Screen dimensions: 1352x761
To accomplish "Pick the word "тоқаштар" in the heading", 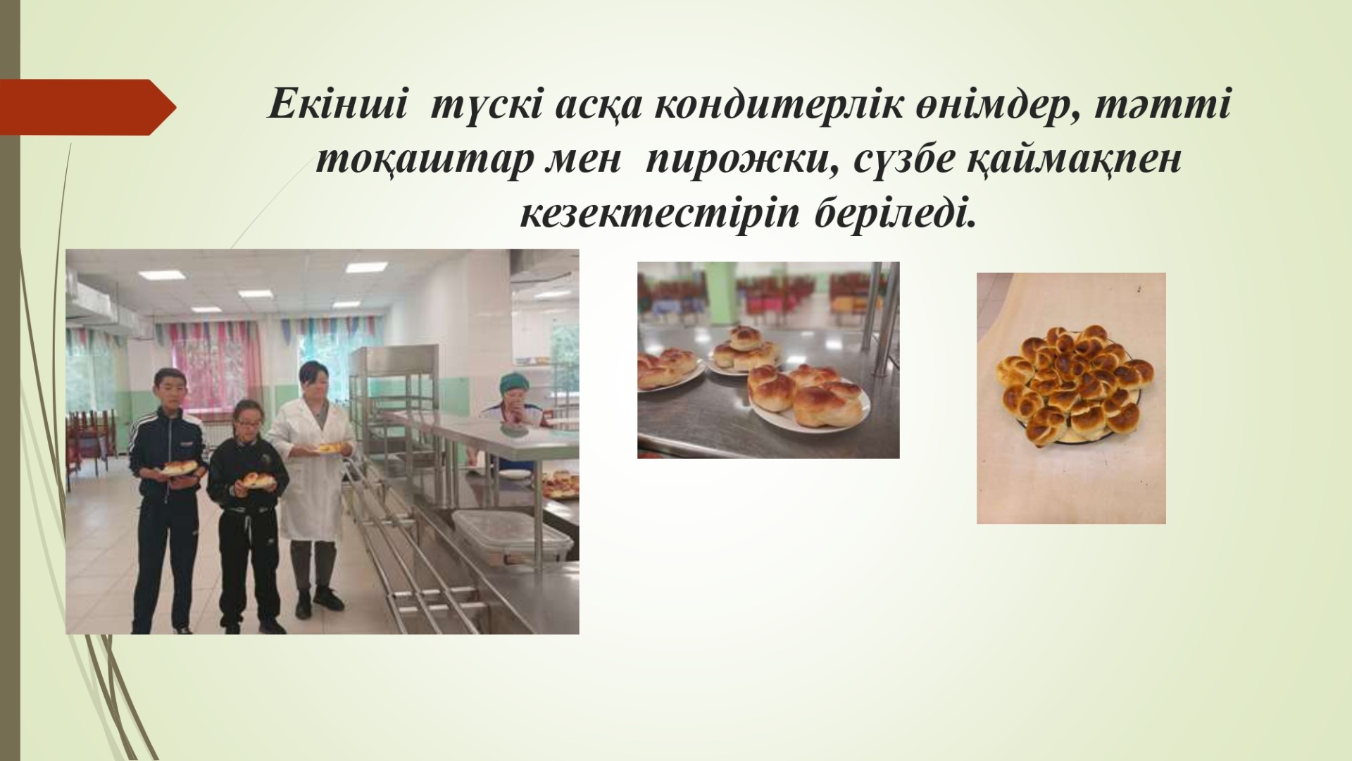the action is [417, 162].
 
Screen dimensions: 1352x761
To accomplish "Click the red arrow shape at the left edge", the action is [88, 107].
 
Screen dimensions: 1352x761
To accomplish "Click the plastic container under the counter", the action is [511, 536].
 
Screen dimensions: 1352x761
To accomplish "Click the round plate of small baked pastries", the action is [1072, 385].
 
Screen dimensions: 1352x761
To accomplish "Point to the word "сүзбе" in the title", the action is [904, 162].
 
